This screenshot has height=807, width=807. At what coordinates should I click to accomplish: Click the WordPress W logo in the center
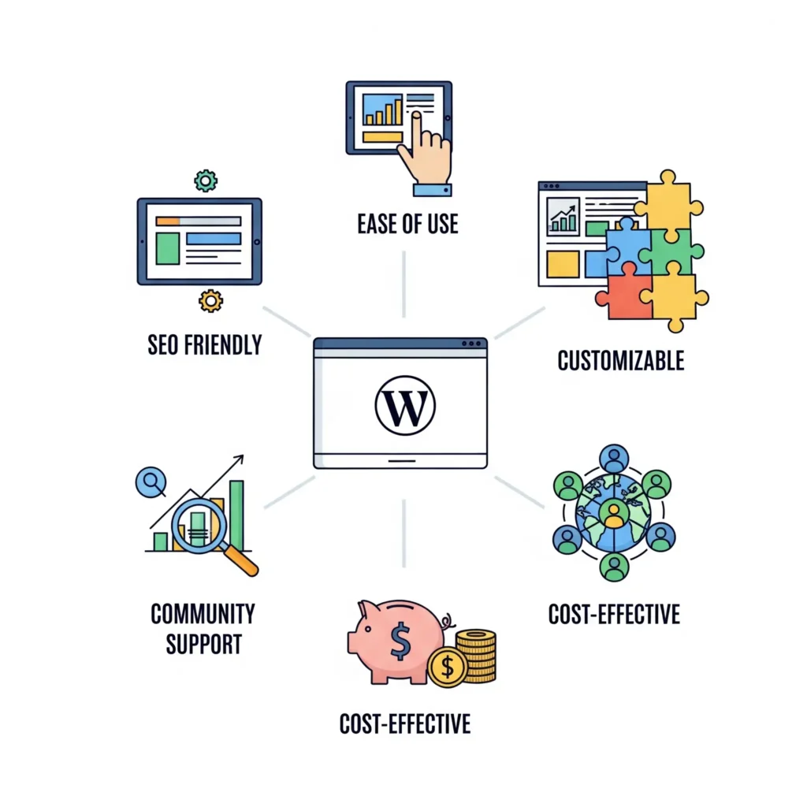(x=404, y=405)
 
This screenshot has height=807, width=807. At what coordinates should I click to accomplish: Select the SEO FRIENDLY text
(x=204, y=344)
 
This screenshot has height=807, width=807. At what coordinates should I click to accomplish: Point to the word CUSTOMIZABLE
(x=620, y=361)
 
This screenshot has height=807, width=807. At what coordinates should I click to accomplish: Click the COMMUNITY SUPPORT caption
(x=203, y=628)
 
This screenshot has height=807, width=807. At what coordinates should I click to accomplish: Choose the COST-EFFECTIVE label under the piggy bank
(x=404, y=723)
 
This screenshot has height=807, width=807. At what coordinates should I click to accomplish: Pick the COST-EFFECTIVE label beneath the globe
(x=614, y=614)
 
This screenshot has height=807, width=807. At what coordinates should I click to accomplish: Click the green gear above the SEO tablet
(x=206, y=180)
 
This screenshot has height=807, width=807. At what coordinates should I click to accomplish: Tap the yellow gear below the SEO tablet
(x=210, y=300)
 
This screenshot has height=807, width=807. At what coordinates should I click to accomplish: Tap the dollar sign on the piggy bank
(x=400, y=641)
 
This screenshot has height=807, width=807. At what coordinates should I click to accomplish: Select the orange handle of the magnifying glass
(x=242, y=561)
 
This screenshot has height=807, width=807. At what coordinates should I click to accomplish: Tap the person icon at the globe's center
(x=612, y=513)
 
